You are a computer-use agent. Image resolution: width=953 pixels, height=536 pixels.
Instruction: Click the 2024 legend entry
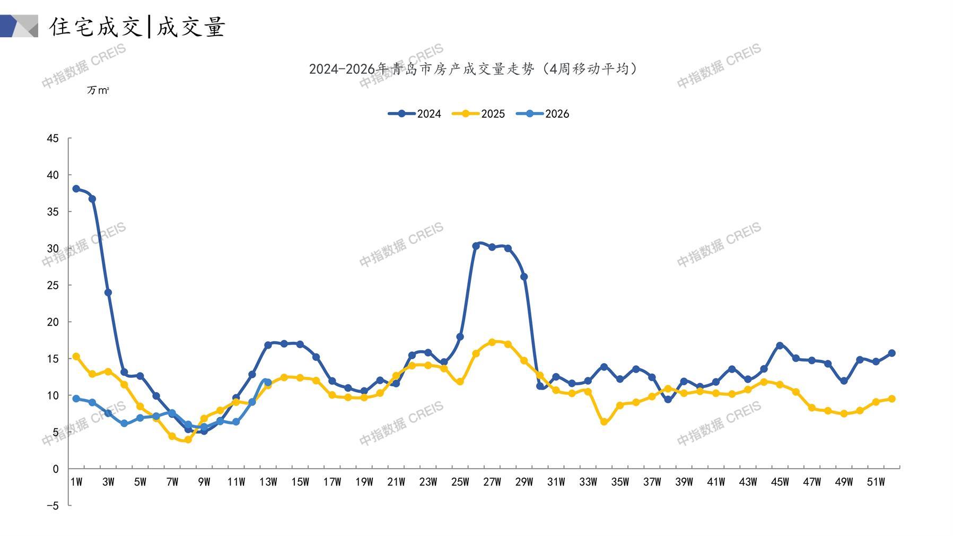415,114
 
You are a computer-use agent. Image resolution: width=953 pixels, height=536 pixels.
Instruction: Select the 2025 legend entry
478,114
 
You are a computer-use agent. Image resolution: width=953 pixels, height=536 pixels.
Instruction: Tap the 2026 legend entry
543,114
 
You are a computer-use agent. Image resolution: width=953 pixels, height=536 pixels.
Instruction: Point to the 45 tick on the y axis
53,139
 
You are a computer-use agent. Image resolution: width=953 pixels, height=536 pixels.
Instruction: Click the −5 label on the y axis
53,506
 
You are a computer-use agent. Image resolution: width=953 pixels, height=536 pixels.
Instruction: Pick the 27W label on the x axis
492,482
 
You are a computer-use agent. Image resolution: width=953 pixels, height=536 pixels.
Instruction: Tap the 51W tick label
876,482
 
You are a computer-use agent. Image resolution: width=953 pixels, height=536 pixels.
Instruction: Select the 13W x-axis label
268,482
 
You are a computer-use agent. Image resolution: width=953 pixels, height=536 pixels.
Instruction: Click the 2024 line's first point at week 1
76,189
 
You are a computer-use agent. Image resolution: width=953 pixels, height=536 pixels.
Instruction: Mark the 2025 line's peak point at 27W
492,342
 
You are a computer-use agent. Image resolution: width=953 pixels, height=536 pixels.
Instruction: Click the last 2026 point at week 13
268,382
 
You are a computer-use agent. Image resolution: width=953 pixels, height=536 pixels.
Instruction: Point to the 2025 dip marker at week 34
604,421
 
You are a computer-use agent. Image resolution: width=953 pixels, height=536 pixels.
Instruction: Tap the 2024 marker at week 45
780,345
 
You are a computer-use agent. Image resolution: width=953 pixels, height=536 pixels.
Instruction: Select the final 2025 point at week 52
891,399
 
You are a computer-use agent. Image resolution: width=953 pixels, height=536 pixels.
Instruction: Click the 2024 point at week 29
524,276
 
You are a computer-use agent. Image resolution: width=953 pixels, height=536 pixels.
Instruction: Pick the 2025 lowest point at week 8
188,439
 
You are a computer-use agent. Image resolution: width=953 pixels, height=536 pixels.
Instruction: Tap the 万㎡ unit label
98,90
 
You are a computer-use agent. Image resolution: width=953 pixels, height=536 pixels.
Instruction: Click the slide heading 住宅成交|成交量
138,27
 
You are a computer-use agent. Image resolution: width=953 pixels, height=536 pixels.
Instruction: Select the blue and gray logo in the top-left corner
19,26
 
